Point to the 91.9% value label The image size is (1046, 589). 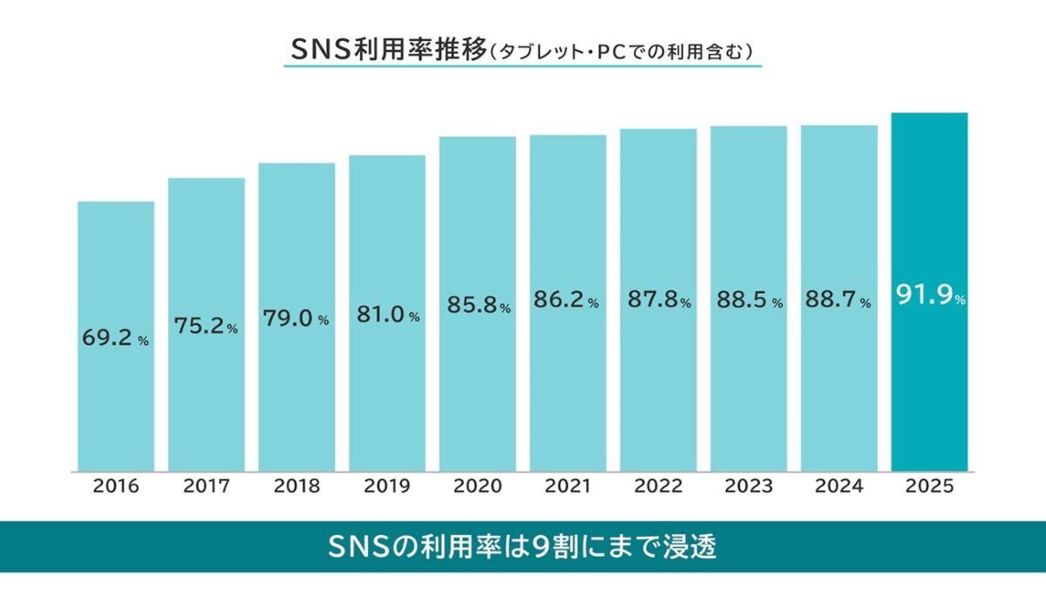tap(930, 297)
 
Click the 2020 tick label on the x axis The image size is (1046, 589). tap(477, 487)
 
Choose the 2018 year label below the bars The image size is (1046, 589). tap(296, 487)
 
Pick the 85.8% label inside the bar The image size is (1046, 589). tap(478, 306)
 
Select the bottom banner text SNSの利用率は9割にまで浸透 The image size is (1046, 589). tap(523, 547)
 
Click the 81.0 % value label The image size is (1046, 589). tap(387, 315)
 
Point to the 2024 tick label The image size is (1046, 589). tap(839, 487)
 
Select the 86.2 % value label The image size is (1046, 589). tap(567, 302)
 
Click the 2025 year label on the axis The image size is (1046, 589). tap(930, 487)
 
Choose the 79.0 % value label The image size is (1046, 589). tap(296, 319)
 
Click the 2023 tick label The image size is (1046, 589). tap(749, 487)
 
